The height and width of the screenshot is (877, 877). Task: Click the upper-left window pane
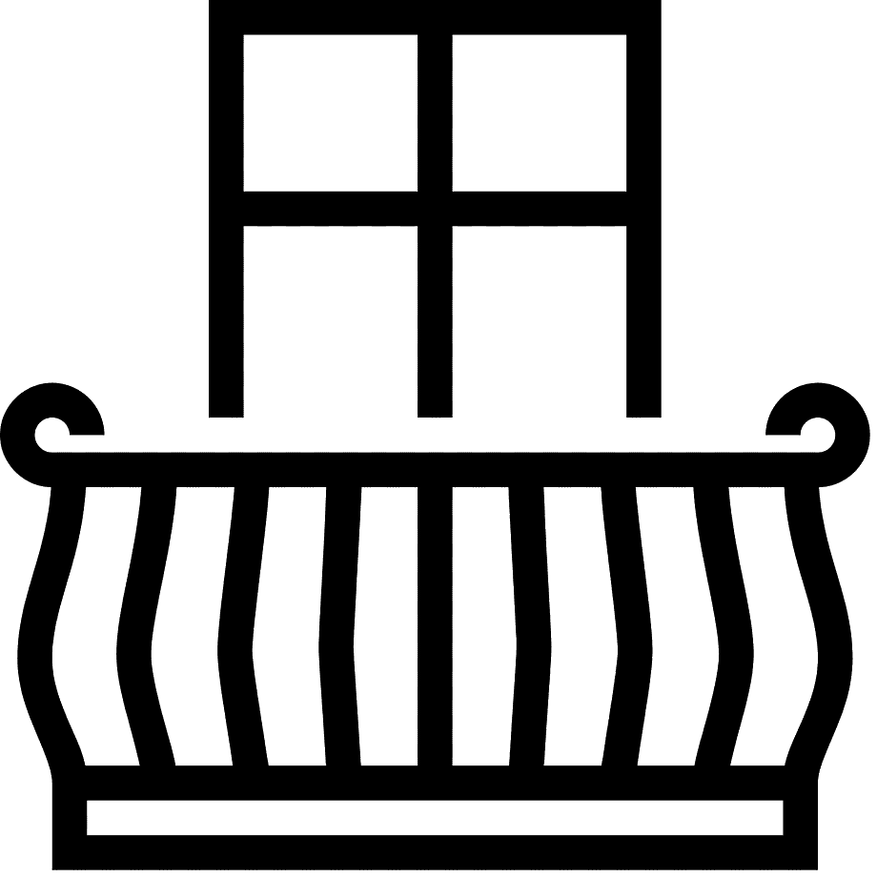(330, 112)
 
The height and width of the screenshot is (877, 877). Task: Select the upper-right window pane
(540, 112)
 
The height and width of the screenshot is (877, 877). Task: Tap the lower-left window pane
(330, 320)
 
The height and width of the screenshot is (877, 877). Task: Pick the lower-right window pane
(540, 320)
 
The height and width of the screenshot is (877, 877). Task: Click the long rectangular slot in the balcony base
(435, 818)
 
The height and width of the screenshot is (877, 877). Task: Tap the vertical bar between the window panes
(435, 219)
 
